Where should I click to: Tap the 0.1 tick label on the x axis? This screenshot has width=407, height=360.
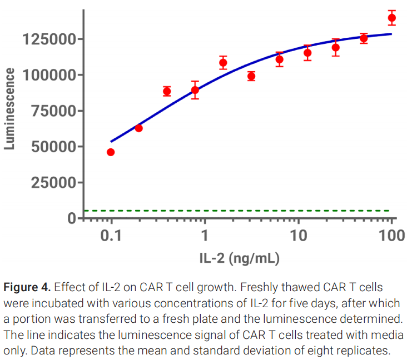(x=111, y=235)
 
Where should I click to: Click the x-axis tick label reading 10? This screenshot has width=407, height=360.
(x=299, y=235)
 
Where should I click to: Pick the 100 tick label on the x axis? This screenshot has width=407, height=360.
(x=392, y=235)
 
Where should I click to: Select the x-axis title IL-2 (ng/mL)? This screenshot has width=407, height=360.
(x=239, y=258)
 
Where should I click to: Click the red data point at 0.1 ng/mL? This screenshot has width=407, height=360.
(x=111, y=152)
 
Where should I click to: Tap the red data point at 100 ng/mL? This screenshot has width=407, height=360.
(x=392, y=18)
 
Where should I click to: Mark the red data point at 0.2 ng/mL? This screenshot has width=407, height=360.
(x=139, y=128)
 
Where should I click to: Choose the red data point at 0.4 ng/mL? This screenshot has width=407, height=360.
(x=167, y=92)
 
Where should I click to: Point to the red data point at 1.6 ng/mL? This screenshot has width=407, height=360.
(x=223, y=63)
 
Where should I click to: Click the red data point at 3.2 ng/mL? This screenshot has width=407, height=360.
(x=251, y=76)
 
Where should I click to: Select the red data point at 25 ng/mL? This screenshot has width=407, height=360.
(x=336, y=48)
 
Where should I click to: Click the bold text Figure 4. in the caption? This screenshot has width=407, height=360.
(x=27, y=288)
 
